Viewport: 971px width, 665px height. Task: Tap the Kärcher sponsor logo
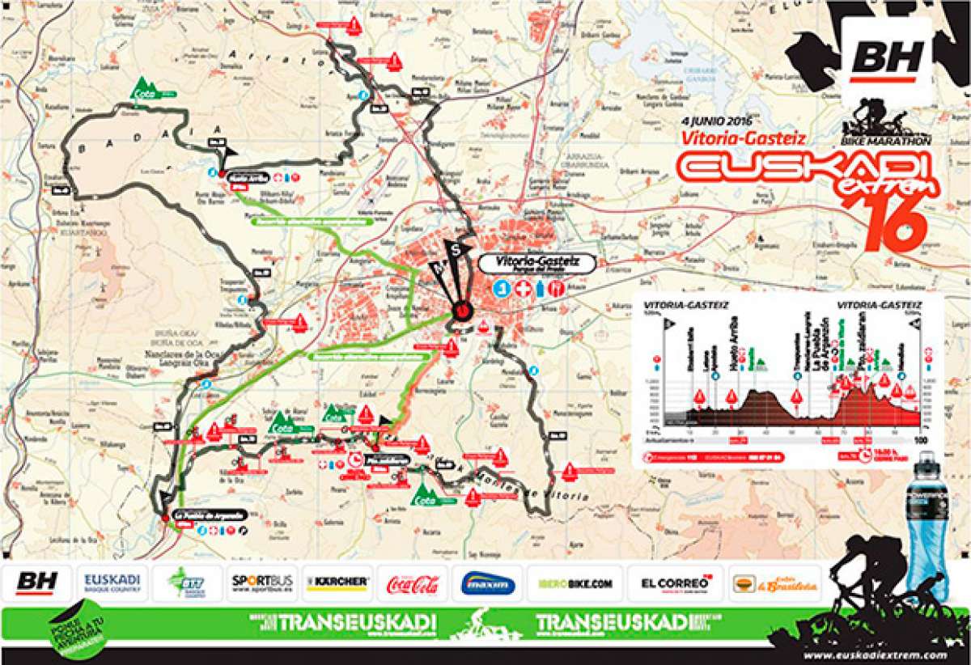337,582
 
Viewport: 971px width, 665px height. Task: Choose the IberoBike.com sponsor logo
575,582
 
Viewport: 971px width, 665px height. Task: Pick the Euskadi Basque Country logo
112,582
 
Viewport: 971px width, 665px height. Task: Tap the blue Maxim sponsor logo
488,583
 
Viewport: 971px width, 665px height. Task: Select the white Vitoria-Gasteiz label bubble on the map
536,264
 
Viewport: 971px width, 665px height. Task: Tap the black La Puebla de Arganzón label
201,516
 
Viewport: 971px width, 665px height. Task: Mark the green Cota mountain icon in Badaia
146,88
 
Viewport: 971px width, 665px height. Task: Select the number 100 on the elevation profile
918,439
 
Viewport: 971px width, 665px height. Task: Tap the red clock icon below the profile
867,457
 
